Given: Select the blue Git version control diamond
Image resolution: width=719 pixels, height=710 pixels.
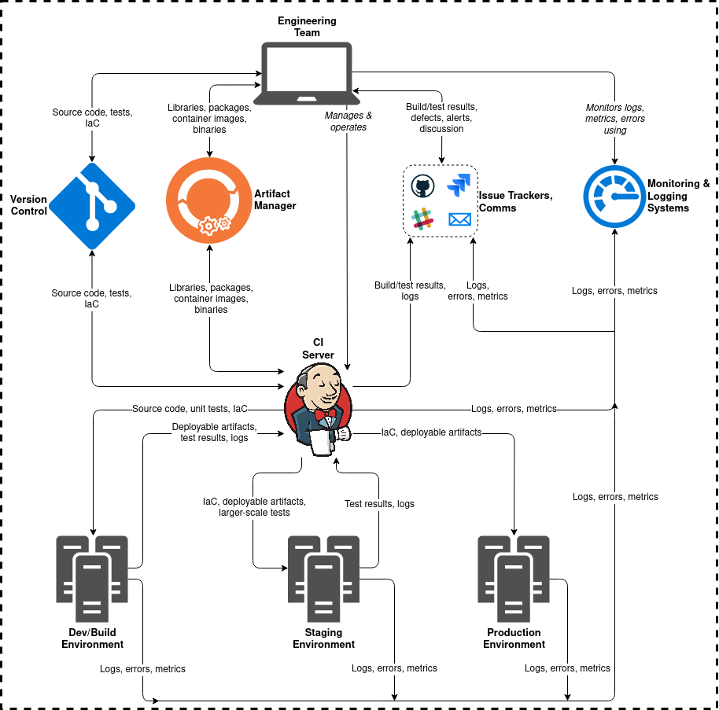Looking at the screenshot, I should (x=92, y=207).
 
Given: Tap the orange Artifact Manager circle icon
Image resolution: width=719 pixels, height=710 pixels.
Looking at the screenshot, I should (x=209, y=201).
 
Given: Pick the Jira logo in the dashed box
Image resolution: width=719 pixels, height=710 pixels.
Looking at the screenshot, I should (x=459, y=186).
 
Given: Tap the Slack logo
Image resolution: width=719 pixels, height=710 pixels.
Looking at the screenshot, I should (x=423, y=219).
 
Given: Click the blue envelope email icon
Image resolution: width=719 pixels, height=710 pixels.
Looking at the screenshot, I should (x=459, y=219).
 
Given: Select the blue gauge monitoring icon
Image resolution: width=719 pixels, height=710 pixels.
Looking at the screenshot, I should (x=614, y=197).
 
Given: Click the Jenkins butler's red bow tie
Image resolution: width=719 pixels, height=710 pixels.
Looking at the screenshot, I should (x=324, y=413).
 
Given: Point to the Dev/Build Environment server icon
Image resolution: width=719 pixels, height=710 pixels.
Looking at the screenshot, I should (x=92, y=579).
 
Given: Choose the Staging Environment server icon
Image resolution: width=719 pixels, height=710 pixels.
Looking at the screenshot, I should (x=323, y=579).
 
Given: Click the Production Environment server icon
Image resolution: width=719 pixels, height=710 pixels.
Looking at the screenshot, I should (x=514, y=579).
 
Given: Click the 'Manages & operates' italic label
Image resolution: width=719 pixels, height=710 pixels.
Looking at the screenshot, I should (x=348, y=121).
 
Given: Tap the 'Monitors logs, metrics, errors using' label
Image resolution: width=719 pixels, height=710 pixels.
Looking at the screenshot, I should (x=615, y=119).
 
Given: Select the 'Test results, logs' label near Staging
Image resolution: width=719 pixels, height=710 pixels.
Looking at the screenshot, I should (x=379, y=504).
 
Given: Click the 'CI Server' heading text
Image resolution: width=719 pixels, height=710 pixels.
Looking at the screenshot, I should (x=319, y=349).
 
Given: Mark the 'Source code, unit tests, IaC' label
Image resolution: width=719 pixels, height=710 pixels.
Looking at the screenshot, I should (x=190, y=409).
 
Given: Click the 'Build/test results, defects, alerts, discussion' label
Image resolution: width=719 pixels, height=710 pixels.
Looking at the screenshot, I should (x=441, y=117).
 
